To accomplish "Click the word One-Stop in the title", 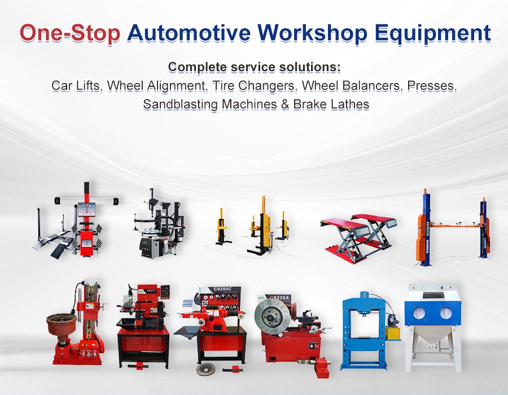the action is (x=70, y=33).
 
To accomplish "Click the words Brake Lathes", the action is (x=331, y=104).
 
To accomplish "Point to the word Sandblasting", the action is (x=181, y=104).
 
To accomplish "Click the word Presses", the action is (x=432, y=86).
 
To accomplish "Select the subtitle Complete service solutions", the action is (x=255, y=67).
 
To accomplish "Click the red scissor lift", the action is (x=358, y=238).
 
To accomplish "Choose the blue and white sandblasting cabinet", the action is (x=433, y=328).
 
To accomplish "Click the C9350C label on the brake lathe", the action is (x=222, y=289).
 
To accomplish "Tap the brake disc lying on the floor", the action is (x=205, y=369).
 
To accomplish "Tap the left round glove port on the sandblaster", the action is (x=420, y=313).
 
